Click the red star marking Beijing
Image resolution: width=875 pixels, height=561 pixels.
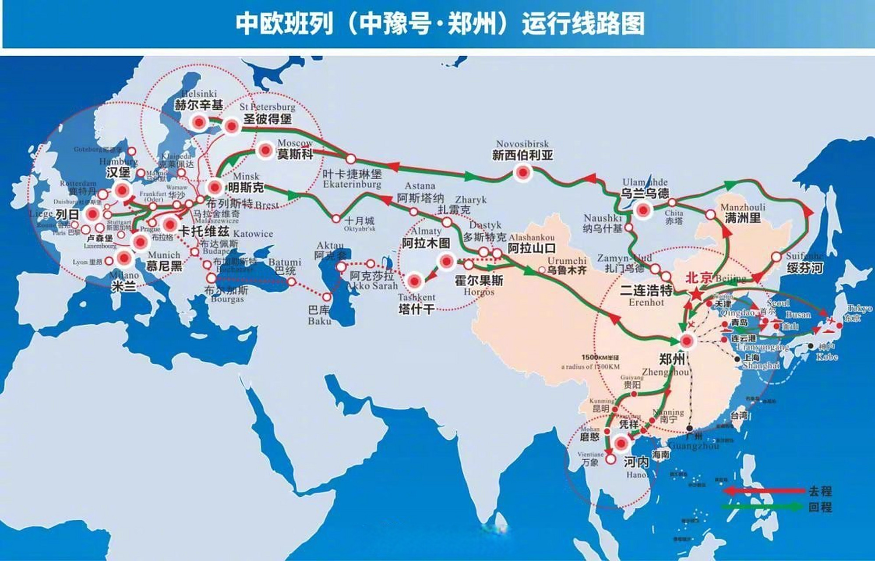(696, 294)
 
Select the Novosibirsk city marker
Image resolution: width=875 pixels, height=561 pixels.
(522, 173)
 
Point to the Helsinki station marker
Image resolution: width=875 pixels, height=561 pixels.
(199, 123)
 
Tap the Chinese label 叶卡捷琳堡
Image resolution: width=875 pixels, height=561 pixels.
(352, 174)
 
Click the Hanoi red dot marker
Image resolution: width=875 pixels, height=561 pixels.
(621, 444)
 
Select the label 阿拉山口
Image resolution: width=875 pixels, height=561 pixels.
(531, 249)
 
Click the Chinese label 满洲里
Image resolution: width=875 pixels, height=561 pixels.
(743, 218)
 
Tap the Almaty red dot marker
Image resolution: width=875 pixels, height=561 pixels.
(446, 262)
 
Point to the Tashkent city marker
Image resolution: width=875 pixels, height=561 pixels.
(415, 281)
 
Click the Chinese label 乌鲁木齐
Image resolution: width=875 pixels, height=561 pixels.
(567, 270)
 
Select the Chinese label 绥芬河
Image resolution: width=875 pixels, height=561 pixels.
(804, 268)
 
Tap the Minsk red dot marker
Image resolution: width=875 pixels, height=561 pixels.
(215, 188)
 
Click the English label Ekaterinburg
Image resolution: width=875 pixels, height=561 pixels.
(352, 185)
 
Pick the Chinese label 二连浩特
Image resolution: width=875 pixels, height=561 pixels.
(646, 290)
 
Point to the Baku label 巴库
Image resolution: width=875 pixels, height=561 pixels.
(319, 310)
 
